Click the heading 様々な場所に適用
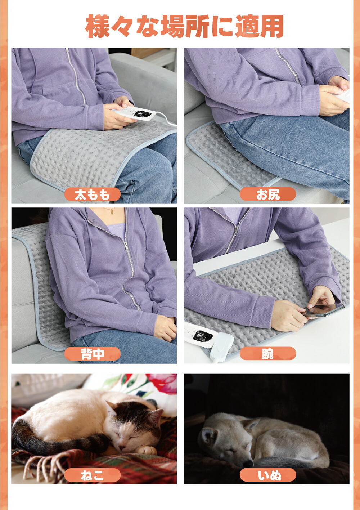click(x=185, y=26)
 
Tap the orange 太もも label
click(x=93, y=194)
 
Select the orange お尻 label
click(x=268, y=194)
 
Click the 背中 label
click(x=93, y=354)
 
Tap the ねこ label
click(x=93, y=475)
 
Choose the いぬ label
click(x=268, y=475)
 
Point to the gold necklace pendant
click(x=112, y=212)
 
